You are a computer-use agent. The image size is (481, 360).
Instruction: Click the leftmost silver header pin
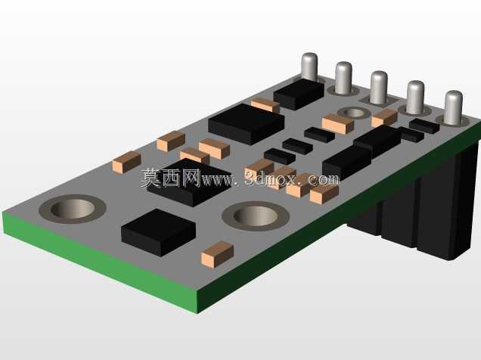tap(309, 67)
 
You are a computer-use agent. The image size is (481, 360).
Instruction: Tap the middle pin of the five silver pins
tap(379, 88)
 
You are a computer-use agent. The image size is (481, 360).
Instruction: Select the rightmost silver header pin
tap(453, 107)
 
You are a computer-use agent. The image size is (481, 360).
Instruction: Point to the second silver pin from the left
tap(343, 78)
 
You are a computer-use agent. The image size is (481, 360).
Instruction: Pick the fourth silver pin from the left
tap(415, 98)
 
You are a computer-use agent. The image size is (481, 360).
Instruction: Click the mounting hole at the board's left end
tap(73, 209)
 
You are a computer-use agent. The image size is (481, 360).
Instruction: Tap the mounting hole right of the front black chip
tap(255, 216)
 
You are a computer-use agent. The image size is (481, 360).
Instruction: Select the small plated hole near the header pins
tap(354, 113)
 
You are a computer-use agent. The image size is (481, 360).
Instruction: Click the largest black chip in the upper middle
tap(247, 124)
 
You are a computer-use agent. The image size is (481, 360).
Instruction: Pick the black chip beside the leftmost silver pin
tap(299, 94)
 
